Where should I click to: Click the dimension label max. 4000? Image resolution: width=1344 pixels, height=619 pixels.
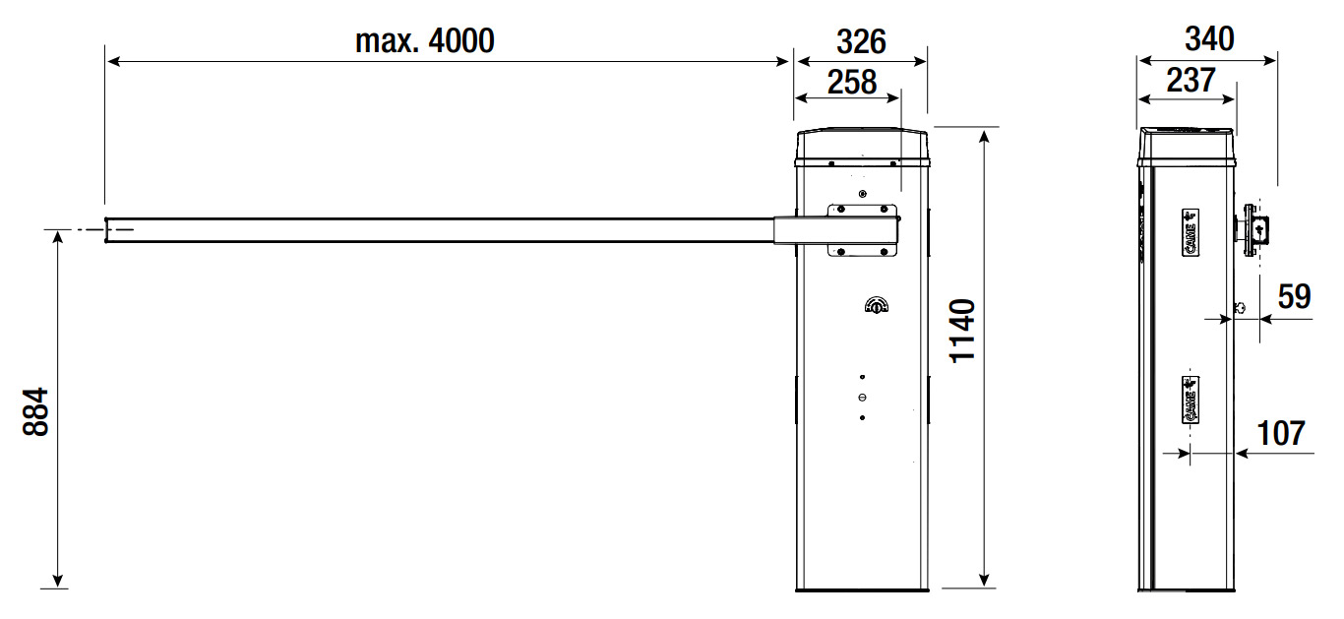click(425, 40)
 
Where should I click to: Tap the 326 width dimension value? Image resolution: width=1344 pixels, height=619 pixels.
click(861, 42)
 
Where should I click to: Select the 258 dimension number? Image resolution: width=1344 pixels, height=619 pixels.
click(852, 83)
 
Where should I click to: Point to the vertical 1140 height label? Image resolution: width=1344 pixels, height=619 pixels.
click(962, 331)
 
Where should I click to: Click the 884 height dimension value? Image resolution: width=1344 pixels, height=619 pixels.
click(35, 412)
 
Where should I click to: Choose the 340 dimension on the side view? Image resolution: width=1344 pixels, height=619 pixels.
click(1209, 39)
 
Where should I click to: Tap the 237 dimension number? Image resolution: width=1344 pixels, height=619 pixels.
click(1191, 81)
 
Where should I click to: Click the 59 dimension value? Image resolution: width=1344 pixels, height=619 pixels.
click(1294, 296)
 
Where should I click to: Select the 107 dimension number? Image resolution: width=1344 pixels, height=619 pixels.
click(1281, 433)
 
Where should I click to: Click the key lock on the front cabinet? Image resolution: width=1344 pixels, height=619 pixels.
click(877, 306)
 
